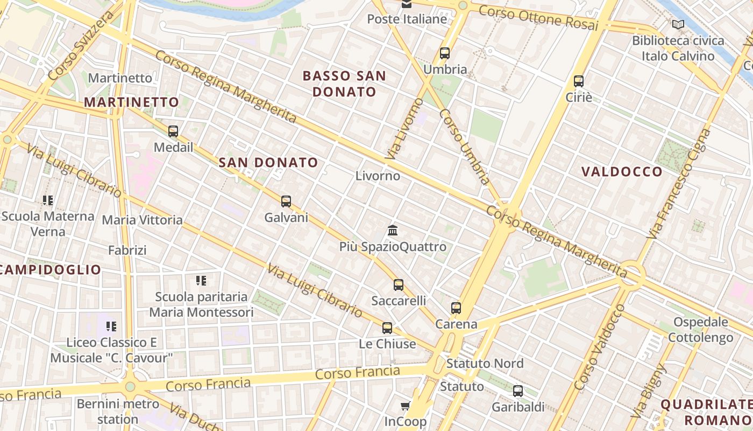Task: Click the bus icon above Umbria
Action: [x=445, y=53]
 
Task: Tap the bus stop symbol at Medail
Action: [x=173, y=131]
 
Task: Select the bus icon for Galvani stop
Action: [x=286, y=201]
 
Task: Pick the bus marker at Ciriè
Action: [x=579, y=81]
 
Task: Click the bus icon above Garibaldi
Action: [x=518, y=391]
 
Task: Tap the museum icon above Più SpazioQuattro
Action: [x=393, y=231]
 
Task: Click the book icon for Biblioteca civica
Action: [x=678, y=24]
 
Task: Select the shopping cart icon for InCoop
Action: [x=406, y=406]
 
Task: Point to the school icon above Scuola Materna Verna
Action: [x=48, y=200]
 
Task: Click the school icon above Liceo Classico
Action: [x=111, y=326]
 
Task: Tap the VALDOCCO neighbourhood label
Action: [x=622, y=172]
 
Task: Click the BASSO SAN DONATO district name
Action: [x=344, y=84]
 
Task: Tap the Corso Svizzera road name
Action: [x=81, y=46]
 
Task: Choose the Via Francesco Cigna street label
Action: [x=680, y=183]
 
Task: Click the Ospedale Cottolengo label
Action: [x=700, y=330]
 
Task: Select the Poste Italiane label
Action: [x=407, y=19]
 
